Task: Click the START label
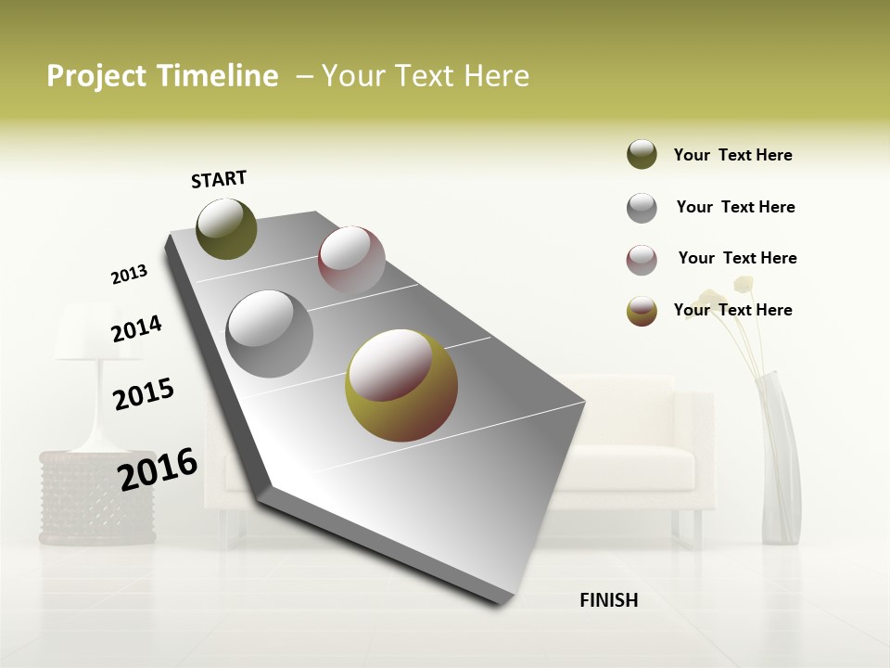point(219,179)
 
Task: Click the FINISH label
point(608,600)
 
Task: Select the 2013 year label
point(129,275)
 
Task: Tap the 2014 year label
point(136,328)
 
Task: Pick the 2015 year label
point(144,394)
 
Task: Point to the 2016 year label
point(158,469)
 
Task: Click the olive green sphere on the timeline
point(226,228)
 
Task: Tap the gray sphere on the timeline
point(269,333)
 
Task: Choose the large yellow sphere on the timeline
point(400,385)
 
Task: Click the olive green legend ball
point(642,154)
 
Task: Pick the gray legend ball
point(642,208)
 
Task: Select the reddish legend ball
point(642,260)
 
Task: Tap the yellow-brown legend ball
point(642,311)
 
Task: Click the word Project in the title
point(96,76)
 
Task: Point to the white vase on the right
point(781,459)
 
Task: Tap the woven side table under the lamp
point(96,497)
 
